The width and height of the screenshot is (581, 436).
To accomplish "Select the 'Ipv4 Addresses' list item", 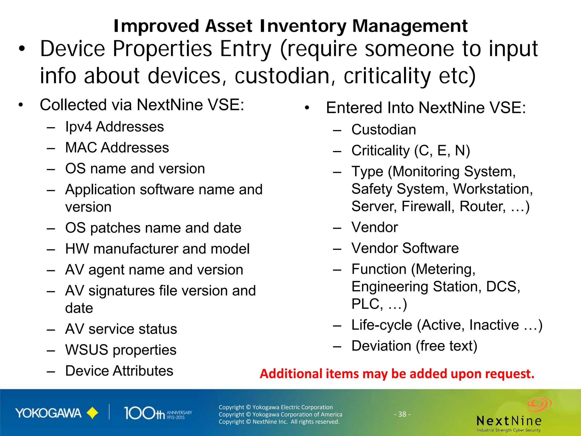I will tap(114, 127).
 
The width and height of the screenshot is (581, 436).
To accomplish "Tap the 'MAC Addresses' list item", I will tap(117, 148).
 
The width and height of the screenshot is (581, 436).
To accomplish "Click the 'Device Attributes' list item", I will tap(119, 371).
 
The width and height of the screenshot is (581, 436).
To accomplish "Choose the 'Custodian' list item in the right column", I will tap(384, 130).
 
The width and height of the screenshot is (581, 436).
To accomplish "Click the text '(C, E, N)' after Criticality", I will tap(442, 150).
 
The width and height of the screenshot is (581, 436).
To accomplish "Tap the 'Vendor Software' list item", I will tap(405, 248).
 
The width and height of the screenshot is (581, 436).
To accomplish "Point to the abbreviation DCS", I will tap(502, 286).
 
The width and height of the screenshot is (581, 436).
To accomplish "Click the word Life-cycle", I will tap(382, 325).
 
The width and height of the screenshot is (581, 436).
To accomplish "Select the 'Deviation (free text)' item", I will tap(414, 346).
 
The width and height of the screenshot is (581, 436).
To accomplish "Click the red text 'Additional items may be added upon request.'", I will tap(397, 374).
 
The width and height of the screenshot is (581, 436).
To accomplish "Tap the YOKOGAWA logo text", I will tap(48, 413).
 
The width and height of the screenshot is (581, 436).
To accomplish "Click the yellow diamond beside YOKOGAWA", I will tap(92, 413).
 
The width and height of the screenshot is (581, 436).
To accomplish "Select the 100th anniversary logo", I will tap(157, 413).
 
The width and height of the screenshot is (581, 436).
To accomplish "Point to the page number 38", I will tap(402, 414).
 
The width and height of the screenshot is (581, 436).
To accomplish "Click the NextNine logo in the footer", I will tap(509, 417).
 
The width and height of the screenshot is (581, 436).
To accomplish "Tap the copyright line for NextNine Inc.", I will tap(279, 422).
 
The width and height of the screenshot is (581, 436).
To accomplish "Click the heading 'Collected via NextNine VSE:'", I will tap(142, 105).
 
